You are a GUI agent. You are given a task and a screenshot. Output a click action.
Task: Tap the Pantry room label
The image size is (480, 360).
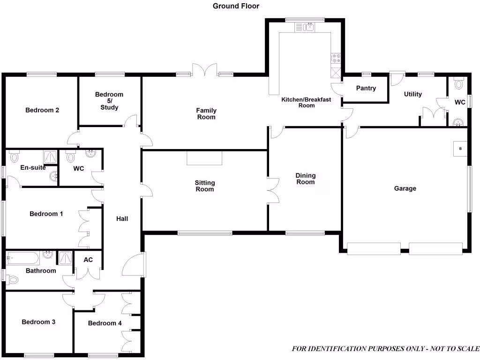[x=366, y=88]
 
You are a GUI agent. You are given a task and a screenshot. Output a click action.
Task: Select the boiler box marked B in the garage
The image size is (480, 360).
[x=460, y=149]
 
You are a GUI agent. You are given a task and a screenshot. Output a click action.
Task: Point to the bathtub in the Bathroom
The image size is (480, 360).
[x=22, y=258]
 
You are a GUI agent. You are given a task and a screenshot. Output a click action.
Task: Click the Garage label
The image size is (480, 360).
[x=405, y=188]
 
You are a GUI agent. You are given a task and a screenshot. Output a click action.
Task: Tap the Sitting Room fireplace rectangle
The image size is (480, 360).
[x=204, y=158]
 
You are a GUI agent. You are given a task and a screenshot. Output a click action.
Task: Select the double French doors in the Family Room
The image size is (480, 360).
[x=206, y=70]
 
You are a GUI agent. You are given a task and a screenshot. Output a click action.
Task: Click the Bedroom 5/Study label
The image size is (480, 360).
[x=109, y=101]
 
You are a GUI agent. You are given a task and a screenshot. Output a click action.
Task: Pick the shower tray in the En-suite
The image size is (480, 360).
[x=49, y=156]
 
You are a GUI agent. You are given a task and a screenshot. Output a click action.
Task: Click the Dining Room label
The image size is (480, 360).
[x=305, y=179]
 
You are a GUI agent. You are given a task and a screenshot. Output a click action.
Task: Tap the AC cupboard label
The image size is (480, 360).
[x=88, y=260]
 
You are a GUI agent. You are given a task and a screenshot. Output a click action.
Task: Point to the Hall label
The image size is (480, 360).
[x=122, y=218]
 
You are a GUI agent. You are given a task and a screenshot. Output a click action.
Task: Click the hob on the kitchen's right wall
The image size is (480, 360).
[x=336, y=58]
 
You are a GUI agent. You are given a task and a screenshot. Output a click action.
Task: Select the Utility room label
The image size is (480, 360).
[x=412, y=94]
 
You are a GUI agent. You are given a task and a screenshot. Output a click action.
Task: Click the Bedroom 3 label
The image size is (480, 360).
[x=38, y=322]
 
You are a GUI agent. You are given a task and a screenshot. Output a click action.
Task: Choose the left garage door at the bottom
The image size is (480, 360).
[x=374, y=248]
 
